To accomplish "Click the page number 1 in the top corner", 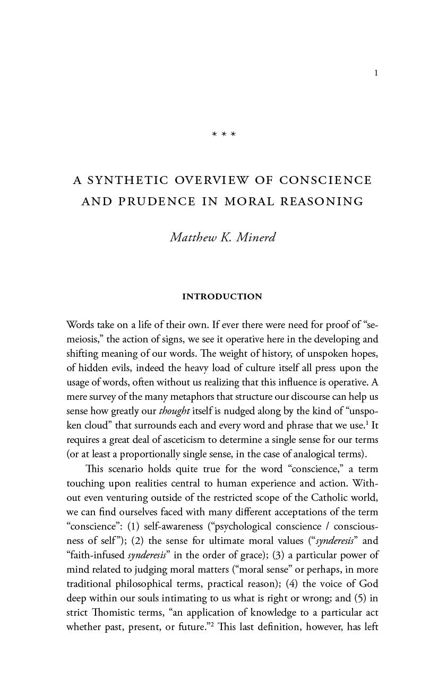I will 376,73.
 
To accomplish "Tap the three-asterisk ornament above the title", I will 224,135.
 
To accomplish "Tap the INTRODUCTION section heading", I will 222,297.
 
